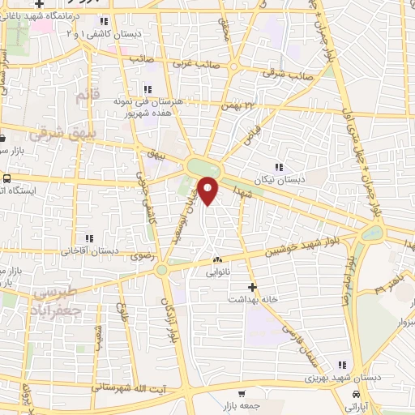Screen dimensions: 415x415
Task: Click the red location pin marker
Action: click(209, 191)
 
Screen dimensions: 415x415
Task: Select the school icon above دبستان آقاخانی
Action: click(89, 238)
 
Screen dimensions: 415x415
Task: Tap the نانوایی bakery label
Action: click(218, 273)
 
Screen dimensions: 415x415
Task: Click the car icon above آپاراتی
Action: click(356, 394)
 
